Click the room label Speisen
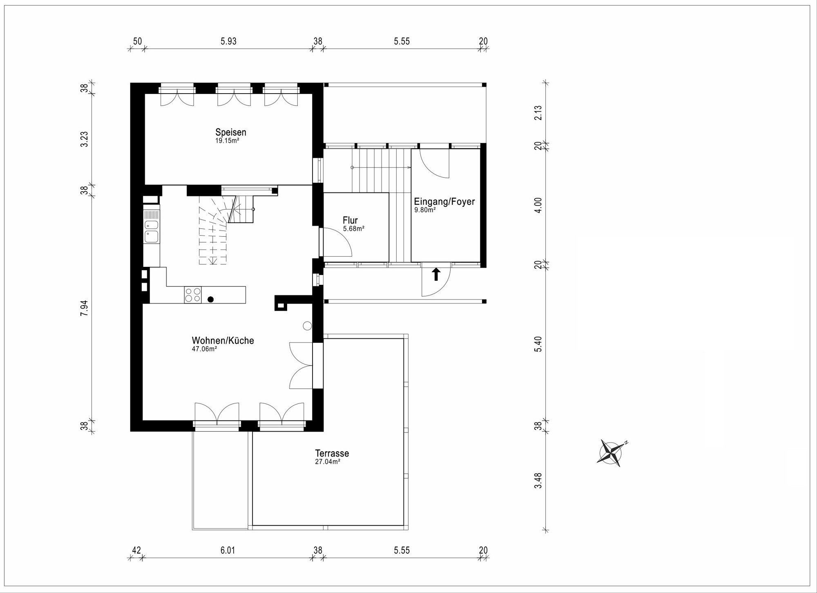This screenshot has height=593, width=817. [x=231, y=132]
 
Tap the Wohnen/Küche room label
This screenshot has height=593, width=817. [x=223, y=340]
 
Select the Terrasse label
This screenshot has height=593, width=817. [x=332, y=453]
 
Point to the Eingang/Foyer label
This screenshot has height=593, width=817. [x=444, y=202]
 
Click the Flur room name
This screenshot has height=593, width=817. [x=350, y=221]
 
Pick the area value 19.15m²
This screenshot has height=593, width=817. [x=227, y=141]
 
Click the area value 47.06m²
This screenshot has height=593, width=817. [x=204, y=349]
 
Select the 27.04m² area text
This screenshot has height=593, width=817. [x=328, y=462]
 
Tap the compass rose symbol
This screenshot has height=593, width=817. [x=611, y=453]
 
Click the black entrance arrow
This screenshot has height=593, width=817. [x=436, y=274]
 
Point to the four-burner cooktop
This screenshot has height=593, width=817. [x=193, y=295]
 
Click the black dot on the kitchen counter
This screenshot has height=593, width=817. [x=211, y=300]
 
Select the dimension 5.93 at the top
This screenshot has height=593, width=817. [x=228, y=41]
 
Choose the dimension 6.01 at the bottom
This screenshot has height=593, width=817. [x=228, y=550]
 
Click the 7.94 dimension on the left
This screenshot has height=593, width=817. [x=84, y=308]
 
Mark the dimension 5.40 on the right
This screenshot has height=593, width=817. [x=538, y=344]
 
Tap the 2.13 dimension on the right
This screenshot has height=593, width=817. [x=538, y=113]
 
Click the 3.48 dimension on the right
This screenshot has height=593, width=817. [x=538, y=481]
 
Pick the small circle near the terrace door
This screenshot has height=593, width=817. [x=307, y=326]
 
